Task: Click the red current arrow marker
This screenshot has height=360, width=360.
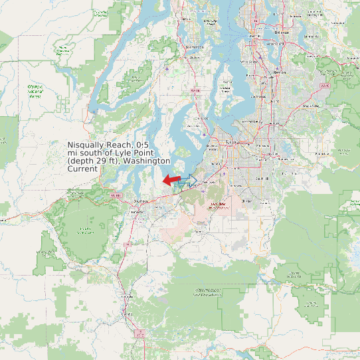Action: click(171, 179)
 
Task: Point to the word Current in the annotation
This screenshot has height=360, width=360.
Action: click(83, 169)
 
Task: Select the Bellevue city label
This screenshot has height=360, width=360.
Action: click(282, 31)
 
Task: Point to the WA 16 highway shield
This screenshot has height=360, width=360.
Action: click(195, 90)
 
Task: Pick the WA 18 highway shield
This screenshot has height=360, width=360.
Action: click(324, 86)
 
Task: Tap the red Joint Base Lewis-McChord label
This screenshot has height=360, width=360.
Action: click(219, 205)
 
